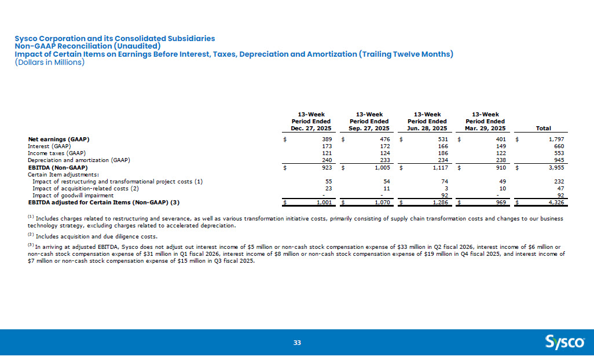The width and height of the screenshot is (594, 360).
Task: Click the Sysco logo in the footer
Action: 564,342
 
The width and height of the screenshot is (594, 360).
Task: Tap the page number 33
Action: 297,343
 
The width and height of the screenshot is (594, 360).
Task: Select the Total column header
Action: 543,128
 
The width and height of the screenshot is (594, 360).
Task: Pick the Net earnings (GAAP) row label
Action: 58,139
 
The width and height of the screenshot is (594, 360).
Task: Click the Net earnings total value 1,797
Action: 556,139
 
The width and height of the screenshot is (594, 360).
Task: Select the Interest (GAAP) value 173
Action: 327,146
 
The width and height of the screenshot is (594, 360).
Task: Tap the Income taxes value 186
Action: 443,153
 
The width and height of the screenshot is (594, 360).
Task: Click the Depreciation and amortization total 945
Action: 559,160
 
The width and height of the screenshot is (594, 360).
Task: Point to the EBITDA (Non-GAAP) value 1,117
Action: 440,167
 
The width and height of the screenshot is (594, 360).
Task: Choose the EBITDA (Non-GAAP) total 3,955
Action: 556,167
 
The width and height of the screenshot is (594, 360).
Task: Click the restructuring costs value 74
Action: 445,181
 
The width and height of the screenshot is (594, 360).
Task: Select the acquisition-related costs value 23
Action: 328,188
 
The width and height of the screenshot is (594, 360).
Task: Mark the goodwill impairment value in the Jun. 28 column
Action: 445,195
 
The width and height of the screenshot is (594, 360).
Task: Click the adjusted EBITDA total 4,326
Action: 556,203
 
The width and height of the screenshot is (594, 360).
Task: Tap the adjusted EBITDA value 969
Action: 501,203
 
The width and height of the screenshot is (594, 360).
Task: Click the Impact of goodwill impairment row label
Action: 73,195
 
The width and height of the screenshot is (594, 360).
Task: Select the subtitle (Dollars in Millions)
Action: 50,62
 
